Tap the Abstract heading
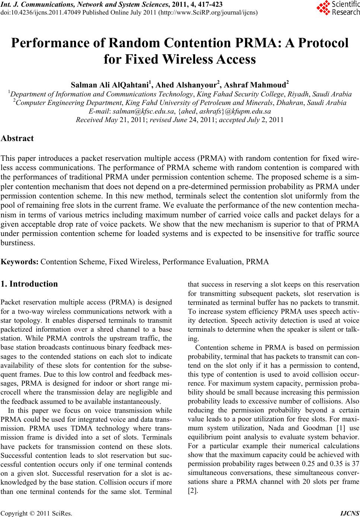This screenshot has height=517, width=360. click(x=17, y=138)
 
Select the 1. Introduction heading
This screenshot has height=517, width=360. click(x=29, y=284)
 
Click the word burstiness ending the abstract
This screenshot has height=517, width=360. click(x=17, y=243)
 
